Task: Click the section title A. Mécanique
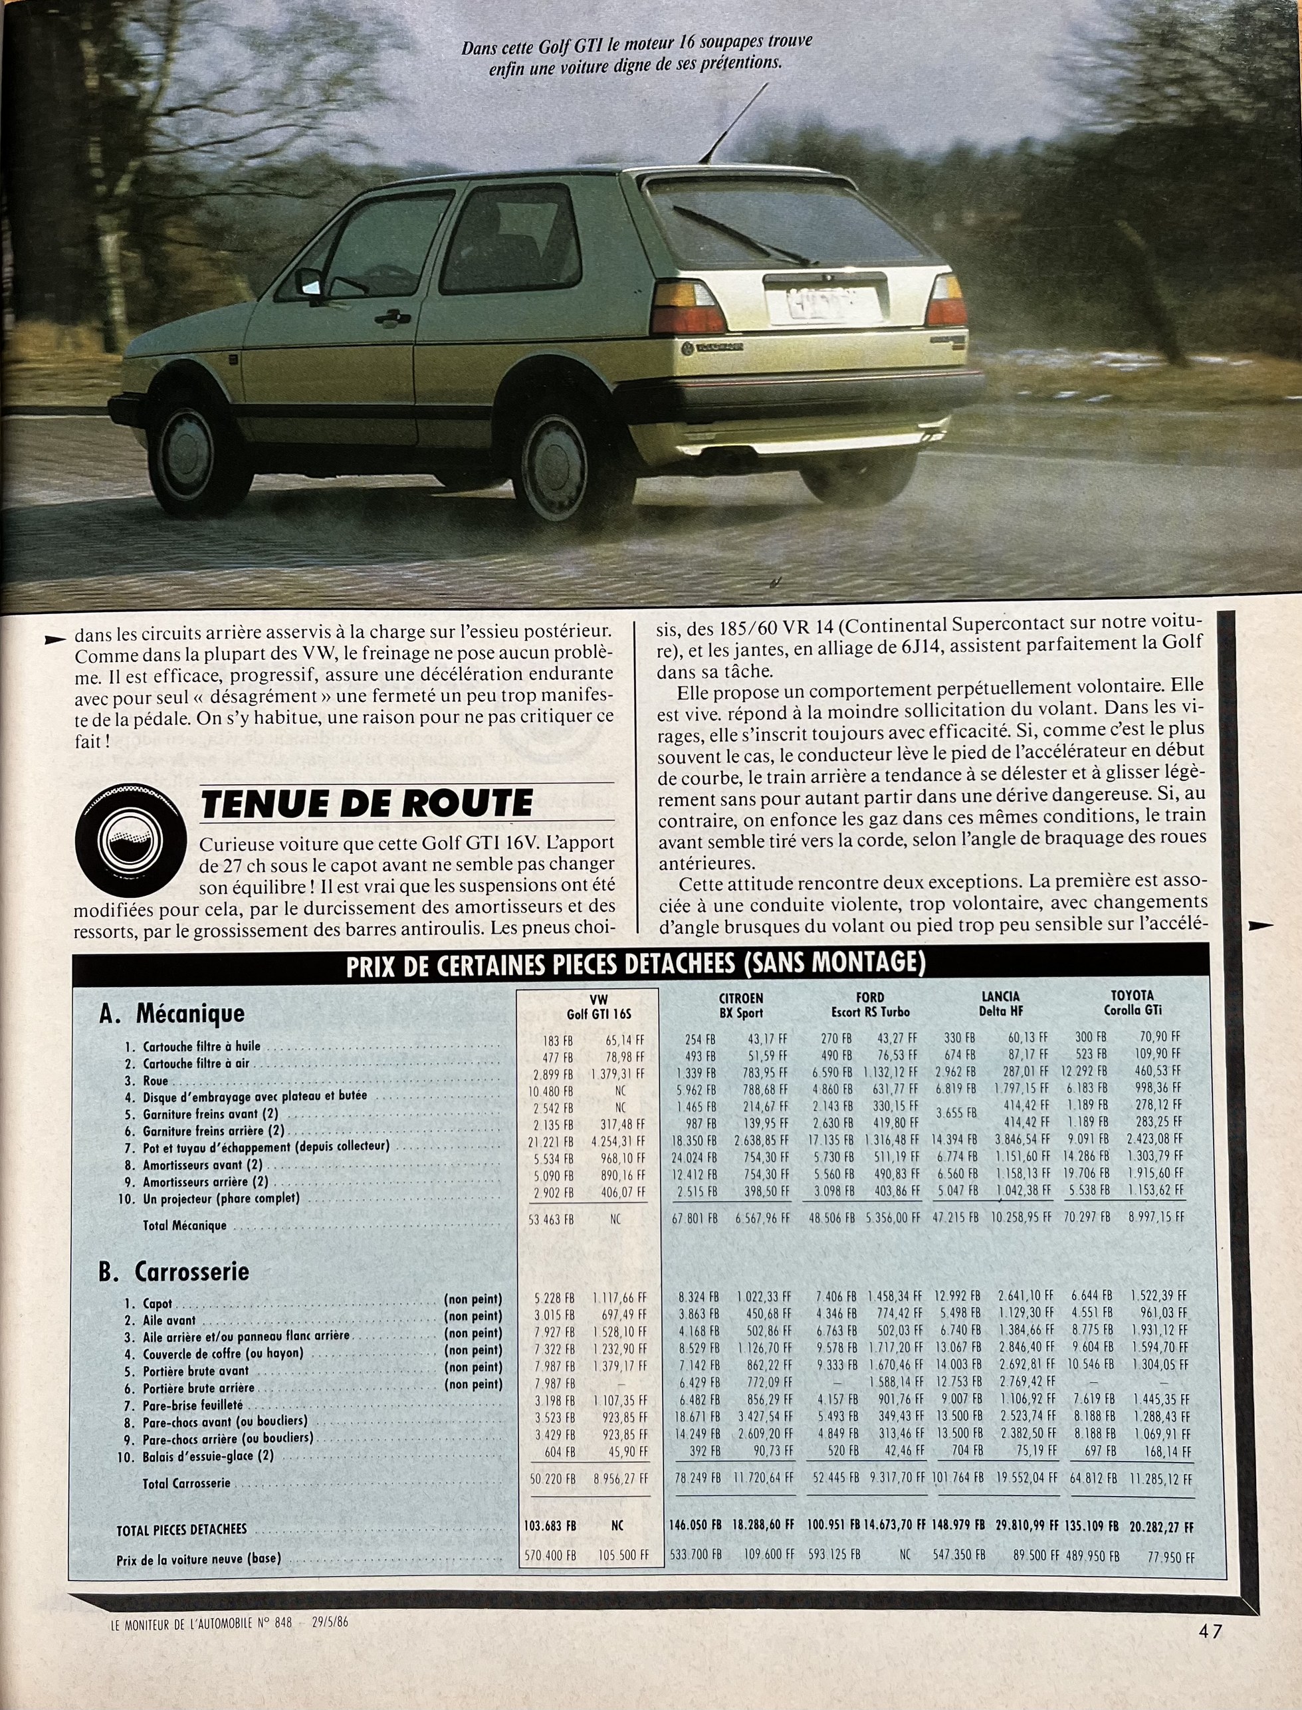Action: point(172,1014)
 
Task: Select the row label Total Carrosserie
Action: point(187,1483)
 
